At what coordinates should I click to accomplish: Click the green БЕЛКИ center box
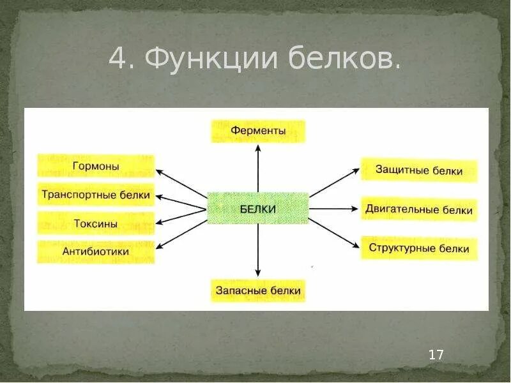(258, 209)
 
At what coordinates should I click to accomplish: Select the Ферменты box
(258, 131)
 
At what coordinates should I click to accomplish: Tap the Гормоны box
(96, 166)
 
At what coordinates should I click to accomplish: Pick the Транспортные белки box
(96, 195)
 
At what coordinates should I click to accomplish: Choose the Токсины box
(96, 223)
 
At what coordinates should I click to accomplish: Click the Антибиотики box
(96, 252)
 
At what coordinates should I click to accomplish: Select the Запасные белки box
(258, 291)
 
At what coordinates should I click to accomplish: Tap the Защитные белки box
(419, 170)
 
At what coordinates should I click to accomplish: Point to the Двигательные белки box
(419, 209)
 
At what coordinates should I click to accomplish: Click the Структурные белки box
(419, 248)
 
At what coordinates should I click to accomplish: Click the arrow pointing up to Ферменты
(258, 167)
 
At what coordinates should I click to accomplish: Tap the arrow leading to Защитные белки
(335, 183)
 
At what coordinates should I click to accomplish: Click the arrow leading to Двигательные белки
(335, 209)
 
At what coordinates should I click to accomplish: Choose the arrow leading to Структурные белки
(335, 234)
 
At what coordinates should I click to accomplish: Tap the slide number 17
(436, 355)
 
